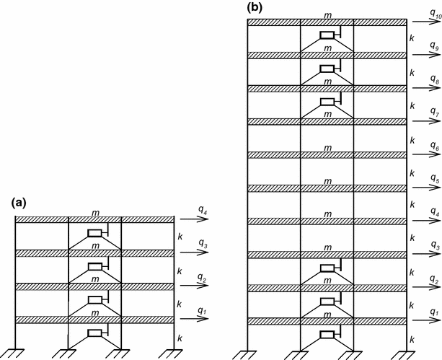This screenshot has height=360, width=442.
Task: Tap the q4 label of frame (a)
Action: coord(204,210)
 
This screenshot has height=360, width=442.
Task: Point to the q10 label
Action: coord(433,12)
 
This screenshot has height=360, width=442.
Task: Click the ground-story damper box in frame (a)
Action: coord(94,333)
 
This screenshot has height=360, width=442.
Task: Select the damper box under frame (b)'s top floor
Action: coord(327,36)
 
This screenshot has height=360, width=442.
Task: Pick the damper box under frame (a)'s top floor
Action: coord(94,233)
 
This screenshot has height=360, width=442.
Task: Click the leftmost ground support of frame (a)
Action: coord(16,354)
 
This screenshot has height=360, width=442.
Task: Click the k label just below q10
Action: coord(411,38)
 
